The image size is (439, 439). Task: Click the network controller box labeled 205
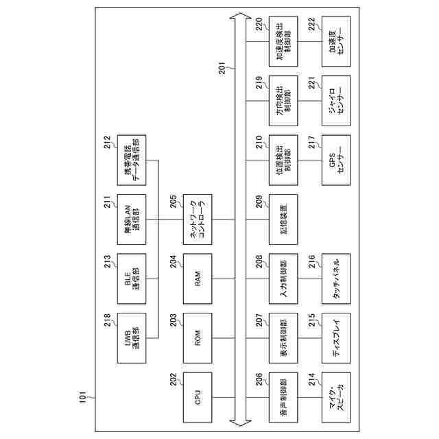[x=198, y=219]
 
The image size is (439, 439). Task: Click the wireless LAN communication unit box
[x=131, y=219]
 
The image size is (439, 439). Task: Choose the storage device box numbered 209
[x=283, y=219]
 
